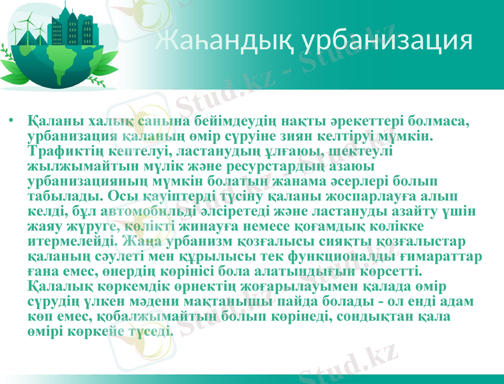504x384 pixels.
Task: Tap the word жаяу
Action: (x=44, y=226)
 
